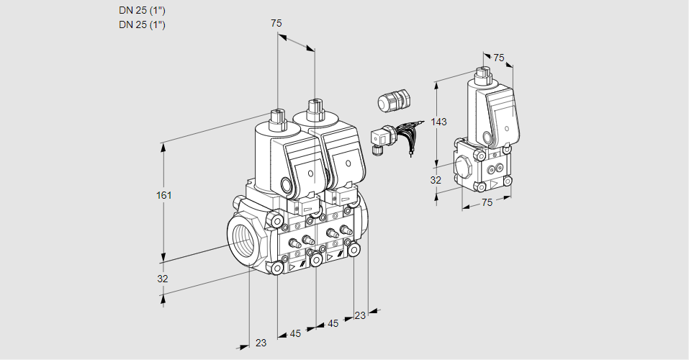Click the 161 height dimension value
tap(165, 195)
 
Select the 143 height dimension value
tap(438, 122)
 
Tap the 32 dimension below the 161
tap(163, 279)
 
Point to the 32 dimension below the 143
tap(436, 180)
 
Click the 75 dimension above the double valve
tap(276, 23)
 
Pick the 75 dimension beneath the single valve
tap(487, 202)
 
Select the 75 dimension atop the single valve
tap(499, 58)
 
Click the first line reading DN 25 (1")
tap(142, 11)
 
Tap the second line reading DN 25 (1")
tap(142, 24)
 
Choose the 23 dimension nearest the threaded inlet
tap(261, 343)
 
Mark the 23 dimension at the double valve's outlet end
tap(360, 315)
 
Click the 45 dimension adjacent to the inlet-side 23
tap(295, 333)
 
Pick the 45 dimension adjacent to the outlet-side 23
tap(333, 323)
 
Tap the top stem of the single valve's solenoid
tap(482, 73)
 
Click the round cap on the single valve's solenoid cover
tap(488, 137)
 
